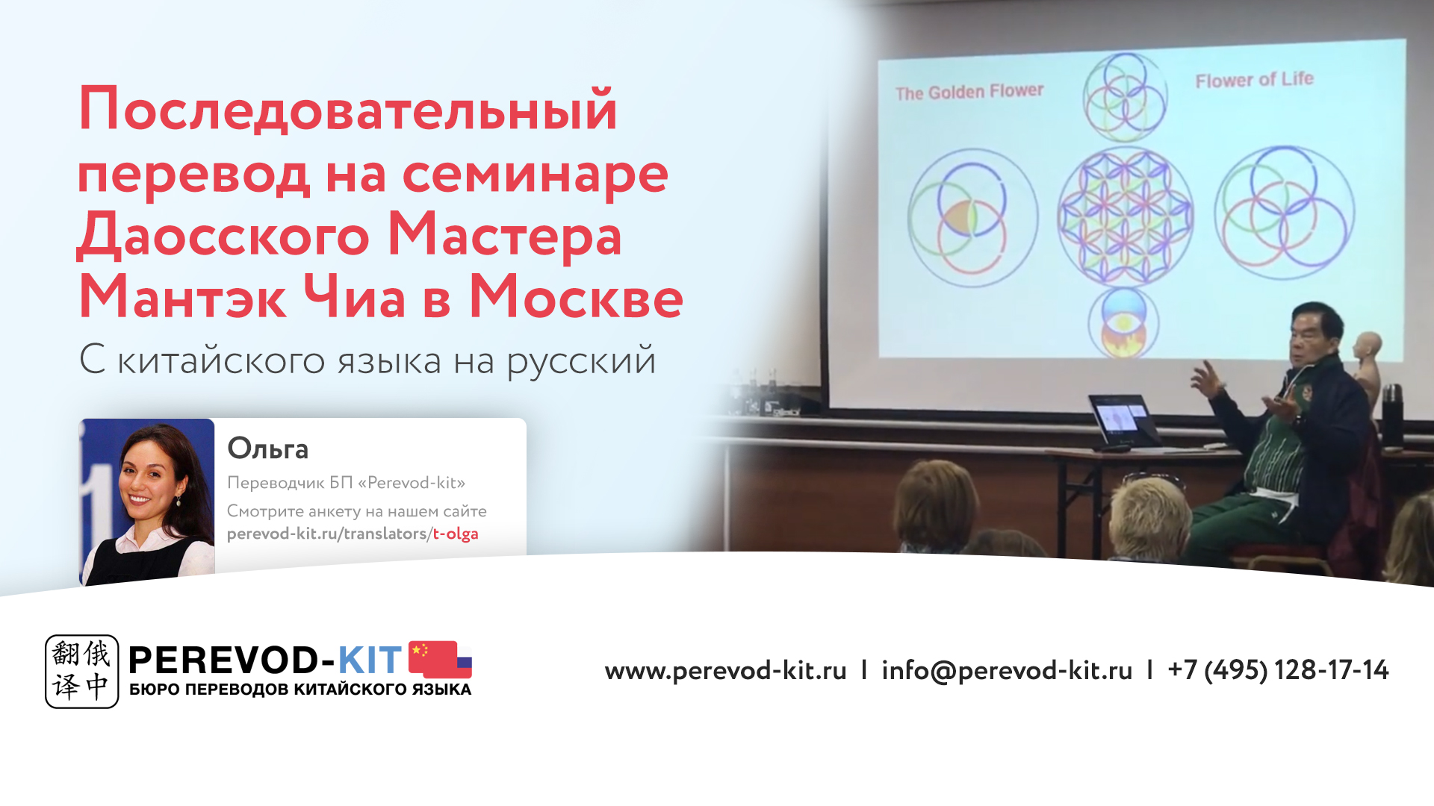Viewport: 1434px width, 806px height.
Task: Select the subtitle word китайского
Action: click(221, 361)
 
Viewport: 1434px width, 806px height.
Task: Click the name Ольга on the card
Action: click(267, 449)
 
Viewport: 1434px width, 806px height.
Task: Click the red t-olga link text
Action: click(456, 534)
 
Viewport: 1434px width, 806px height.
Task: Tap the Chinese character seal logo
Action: click(81, 671)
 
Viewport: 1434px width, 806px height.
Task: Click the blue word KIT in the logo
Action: click(370, 660)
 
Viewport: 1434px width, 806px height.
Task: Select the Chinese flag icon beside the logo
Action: click(441, 659)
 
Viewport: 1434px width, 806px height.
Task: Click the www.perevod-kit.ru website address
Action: click(725, 670)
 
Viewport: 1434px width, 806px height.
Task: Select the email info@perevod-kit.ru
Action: click(1007, 670)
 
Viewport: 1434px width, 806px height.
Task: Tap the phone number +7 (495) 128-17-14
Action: click(1278, 670)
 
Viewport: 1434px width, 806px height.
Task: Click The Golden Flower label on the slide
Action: click(969, 93)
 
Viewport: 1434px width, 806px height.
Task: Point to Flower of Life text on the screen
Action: click(1254, 80)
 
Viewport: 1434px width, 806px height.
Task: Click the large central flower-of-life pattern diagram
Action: click(1125, 217)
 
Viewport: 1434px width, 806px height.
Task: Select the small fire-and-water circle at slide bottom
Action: click(1123, 323)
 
